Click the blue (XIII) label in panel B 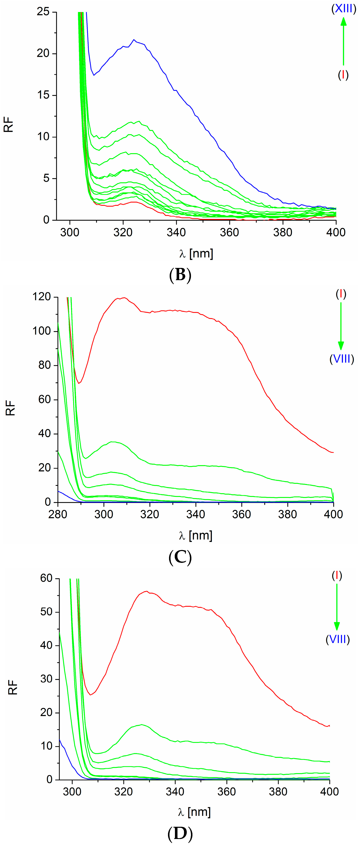[344, 9]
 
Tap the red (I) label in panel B [343, 75]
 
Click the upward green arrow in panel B [343, 41]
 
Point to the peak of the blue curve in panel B [134, 40]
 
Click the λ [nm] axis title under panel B [196, 254]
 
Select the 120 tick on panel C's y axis [42, 297]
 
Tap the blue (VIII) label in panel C [342, 359]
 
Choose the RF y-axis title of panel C [11, 408]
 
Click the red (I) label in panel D [337, 575]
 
